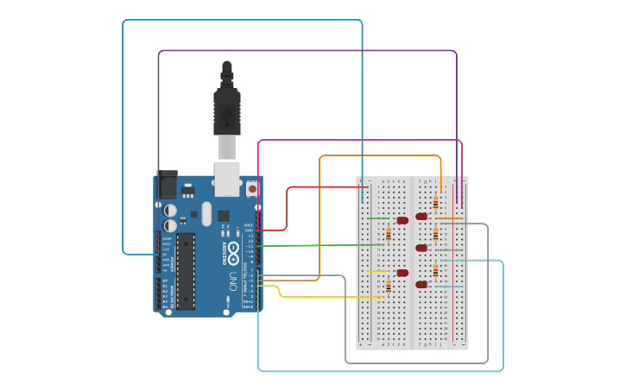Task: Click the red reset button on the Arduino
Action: [252, 188]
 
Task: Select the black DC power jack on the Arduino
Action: [167, 185]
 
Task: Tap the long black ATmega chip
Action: [186, 270]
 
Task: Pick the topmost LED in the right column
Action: [421, 217]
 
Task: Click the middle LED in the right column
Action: [421, 248]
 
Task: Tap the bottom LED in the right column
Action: [421, 284]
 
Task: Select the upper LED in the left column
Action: [402, 220]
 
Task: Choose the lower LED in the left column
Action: [402, 273]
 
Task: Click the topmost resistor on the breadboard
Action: [435, 203]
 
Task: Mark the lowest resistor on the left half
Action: [389, 287]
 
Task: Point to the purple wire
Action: [307, 51]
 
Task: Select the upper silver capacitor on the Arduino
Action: [171, 211]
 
